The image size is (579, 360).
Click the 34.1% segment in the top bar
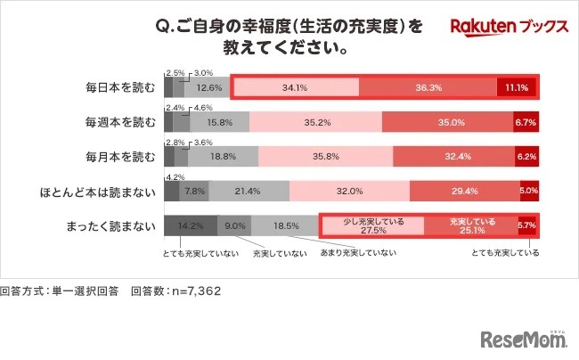click(x=295, y=87)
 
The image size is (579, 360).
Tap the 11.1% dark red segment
click(x=517, y=87)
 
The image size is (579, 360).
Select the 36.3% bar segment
click(x=428, y=87)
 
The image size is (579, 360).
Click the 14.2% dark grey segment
click(x=190, y=225)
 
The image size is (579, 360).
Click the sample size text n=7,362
click(x=192, y=290)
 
